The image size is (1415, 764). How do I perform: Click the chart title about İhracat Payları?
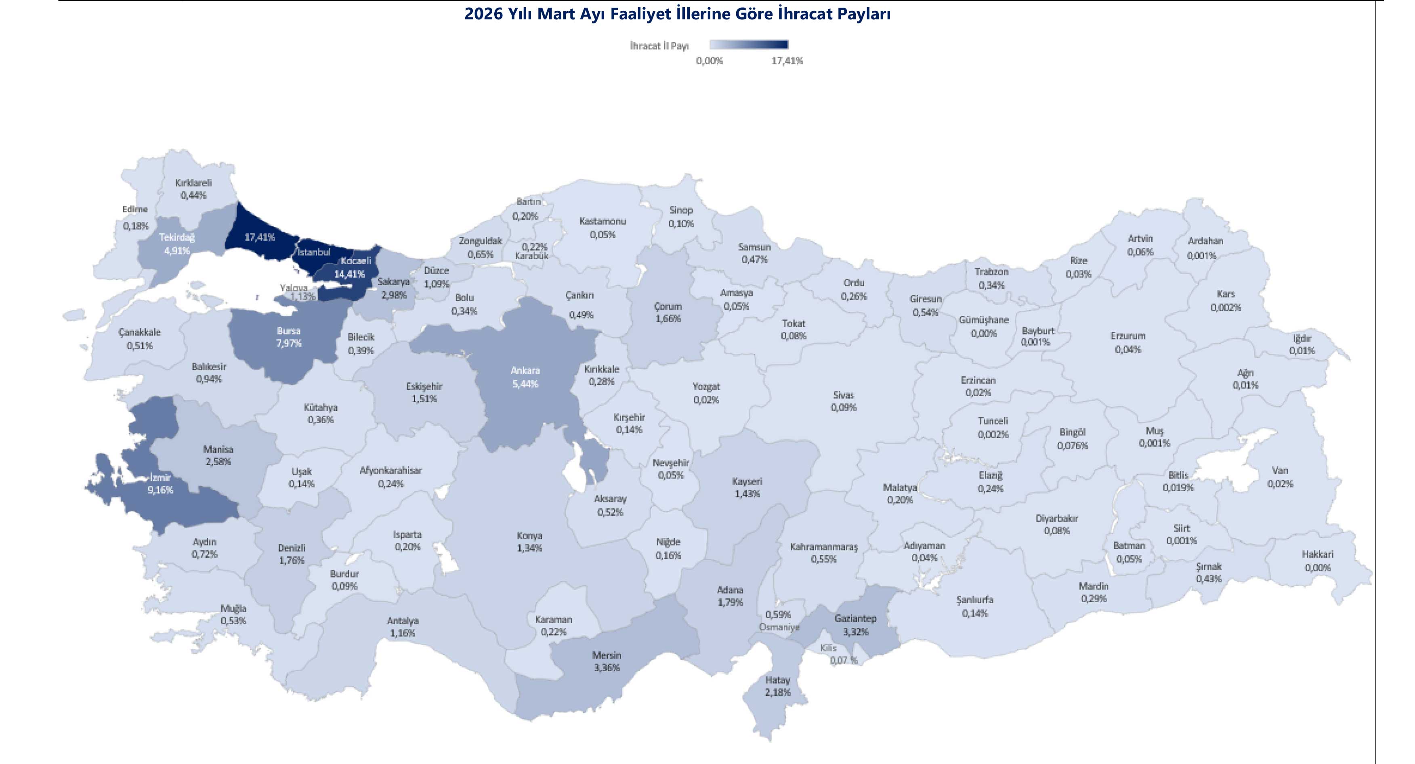(677, 14)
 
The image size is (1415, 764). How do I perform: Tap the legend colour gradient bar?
(748, 44)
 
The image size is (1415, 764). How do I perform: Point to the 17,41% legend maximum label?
(787, 61)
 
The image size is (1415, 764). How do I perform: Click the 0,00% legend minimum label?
(709, 61)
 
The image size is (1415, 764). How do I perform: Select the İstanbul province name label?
(314, 252)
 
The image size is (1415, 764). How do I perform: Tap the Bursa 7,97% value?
(288, 343)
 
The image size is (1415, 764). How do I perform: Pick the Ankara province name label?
(525, 370)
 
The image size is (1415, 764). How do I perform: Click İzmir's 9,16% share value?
(160, 490)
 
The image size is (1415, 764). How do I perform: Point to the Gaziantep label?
(855, 619)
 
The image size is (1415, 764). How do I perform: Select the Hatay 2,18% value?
(777, 693)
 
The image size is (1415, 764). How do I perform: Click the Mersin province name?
(607, 655)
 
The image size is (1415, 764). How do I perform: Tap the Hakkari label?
(1317, 554)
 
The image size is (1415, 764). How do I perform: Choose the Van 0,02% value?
(1280, 484)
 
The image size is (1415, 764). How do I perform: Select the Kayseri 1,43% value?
(747, 494)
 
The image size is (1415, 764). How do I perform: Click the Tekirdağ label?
(177, 237)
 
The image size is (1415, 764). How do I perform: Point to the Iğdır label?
(1301, 338)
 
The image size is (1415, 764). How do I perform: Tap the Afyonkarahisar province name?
(390, 471)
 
